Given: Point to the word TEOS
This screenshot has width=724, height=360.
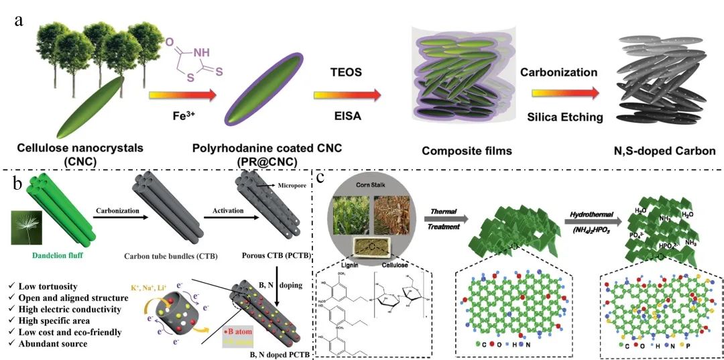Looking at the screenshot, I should (x=347, y=71).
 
